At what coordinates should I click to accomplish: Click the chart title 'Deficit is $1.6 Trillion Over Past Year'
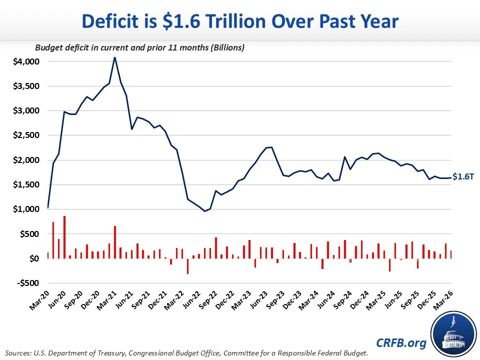240,21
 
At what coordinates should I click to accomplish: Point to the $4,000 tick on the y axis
25,61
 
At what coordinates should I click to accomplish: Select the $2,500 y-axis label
25,135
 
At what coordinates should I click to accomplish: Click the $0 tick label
33,258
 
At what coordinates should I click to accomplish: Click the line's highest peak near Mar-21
114,57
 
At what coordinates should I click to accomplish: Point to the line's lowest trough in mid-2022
204,211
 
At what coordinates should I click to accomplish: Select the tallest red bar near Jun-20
64,237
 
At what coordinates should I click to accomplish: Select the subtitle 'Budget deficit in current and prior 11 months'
132,48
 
